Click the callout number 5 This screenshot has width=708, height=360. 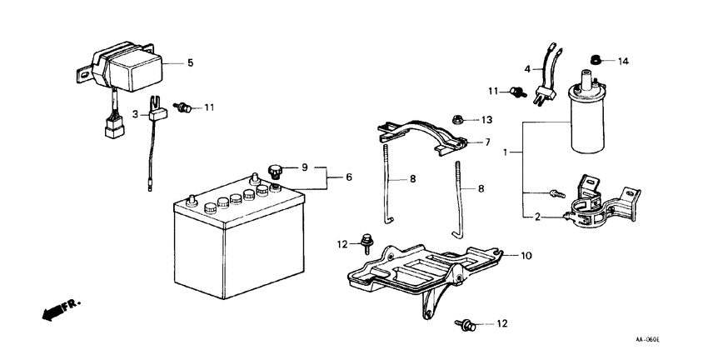click(x=190, y=62)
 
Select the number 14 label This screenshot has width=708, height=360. click(x=624, y=61)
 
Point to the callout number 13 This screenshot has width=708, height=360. click(x=486, y=119)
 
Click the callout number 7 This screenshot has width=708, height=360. click(x=487, y=143)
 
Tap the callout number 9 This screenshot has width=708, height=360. click(x=306, y=167)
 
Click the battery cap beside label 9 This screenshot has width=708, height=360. click(x=276, y=171)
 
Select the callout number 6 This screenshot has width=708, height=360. click(x=348, y=177)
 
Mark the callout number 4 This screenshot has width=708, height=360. click(x=527, y=68)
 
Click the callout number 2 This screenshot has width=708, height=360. click(x=536, y=217)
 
